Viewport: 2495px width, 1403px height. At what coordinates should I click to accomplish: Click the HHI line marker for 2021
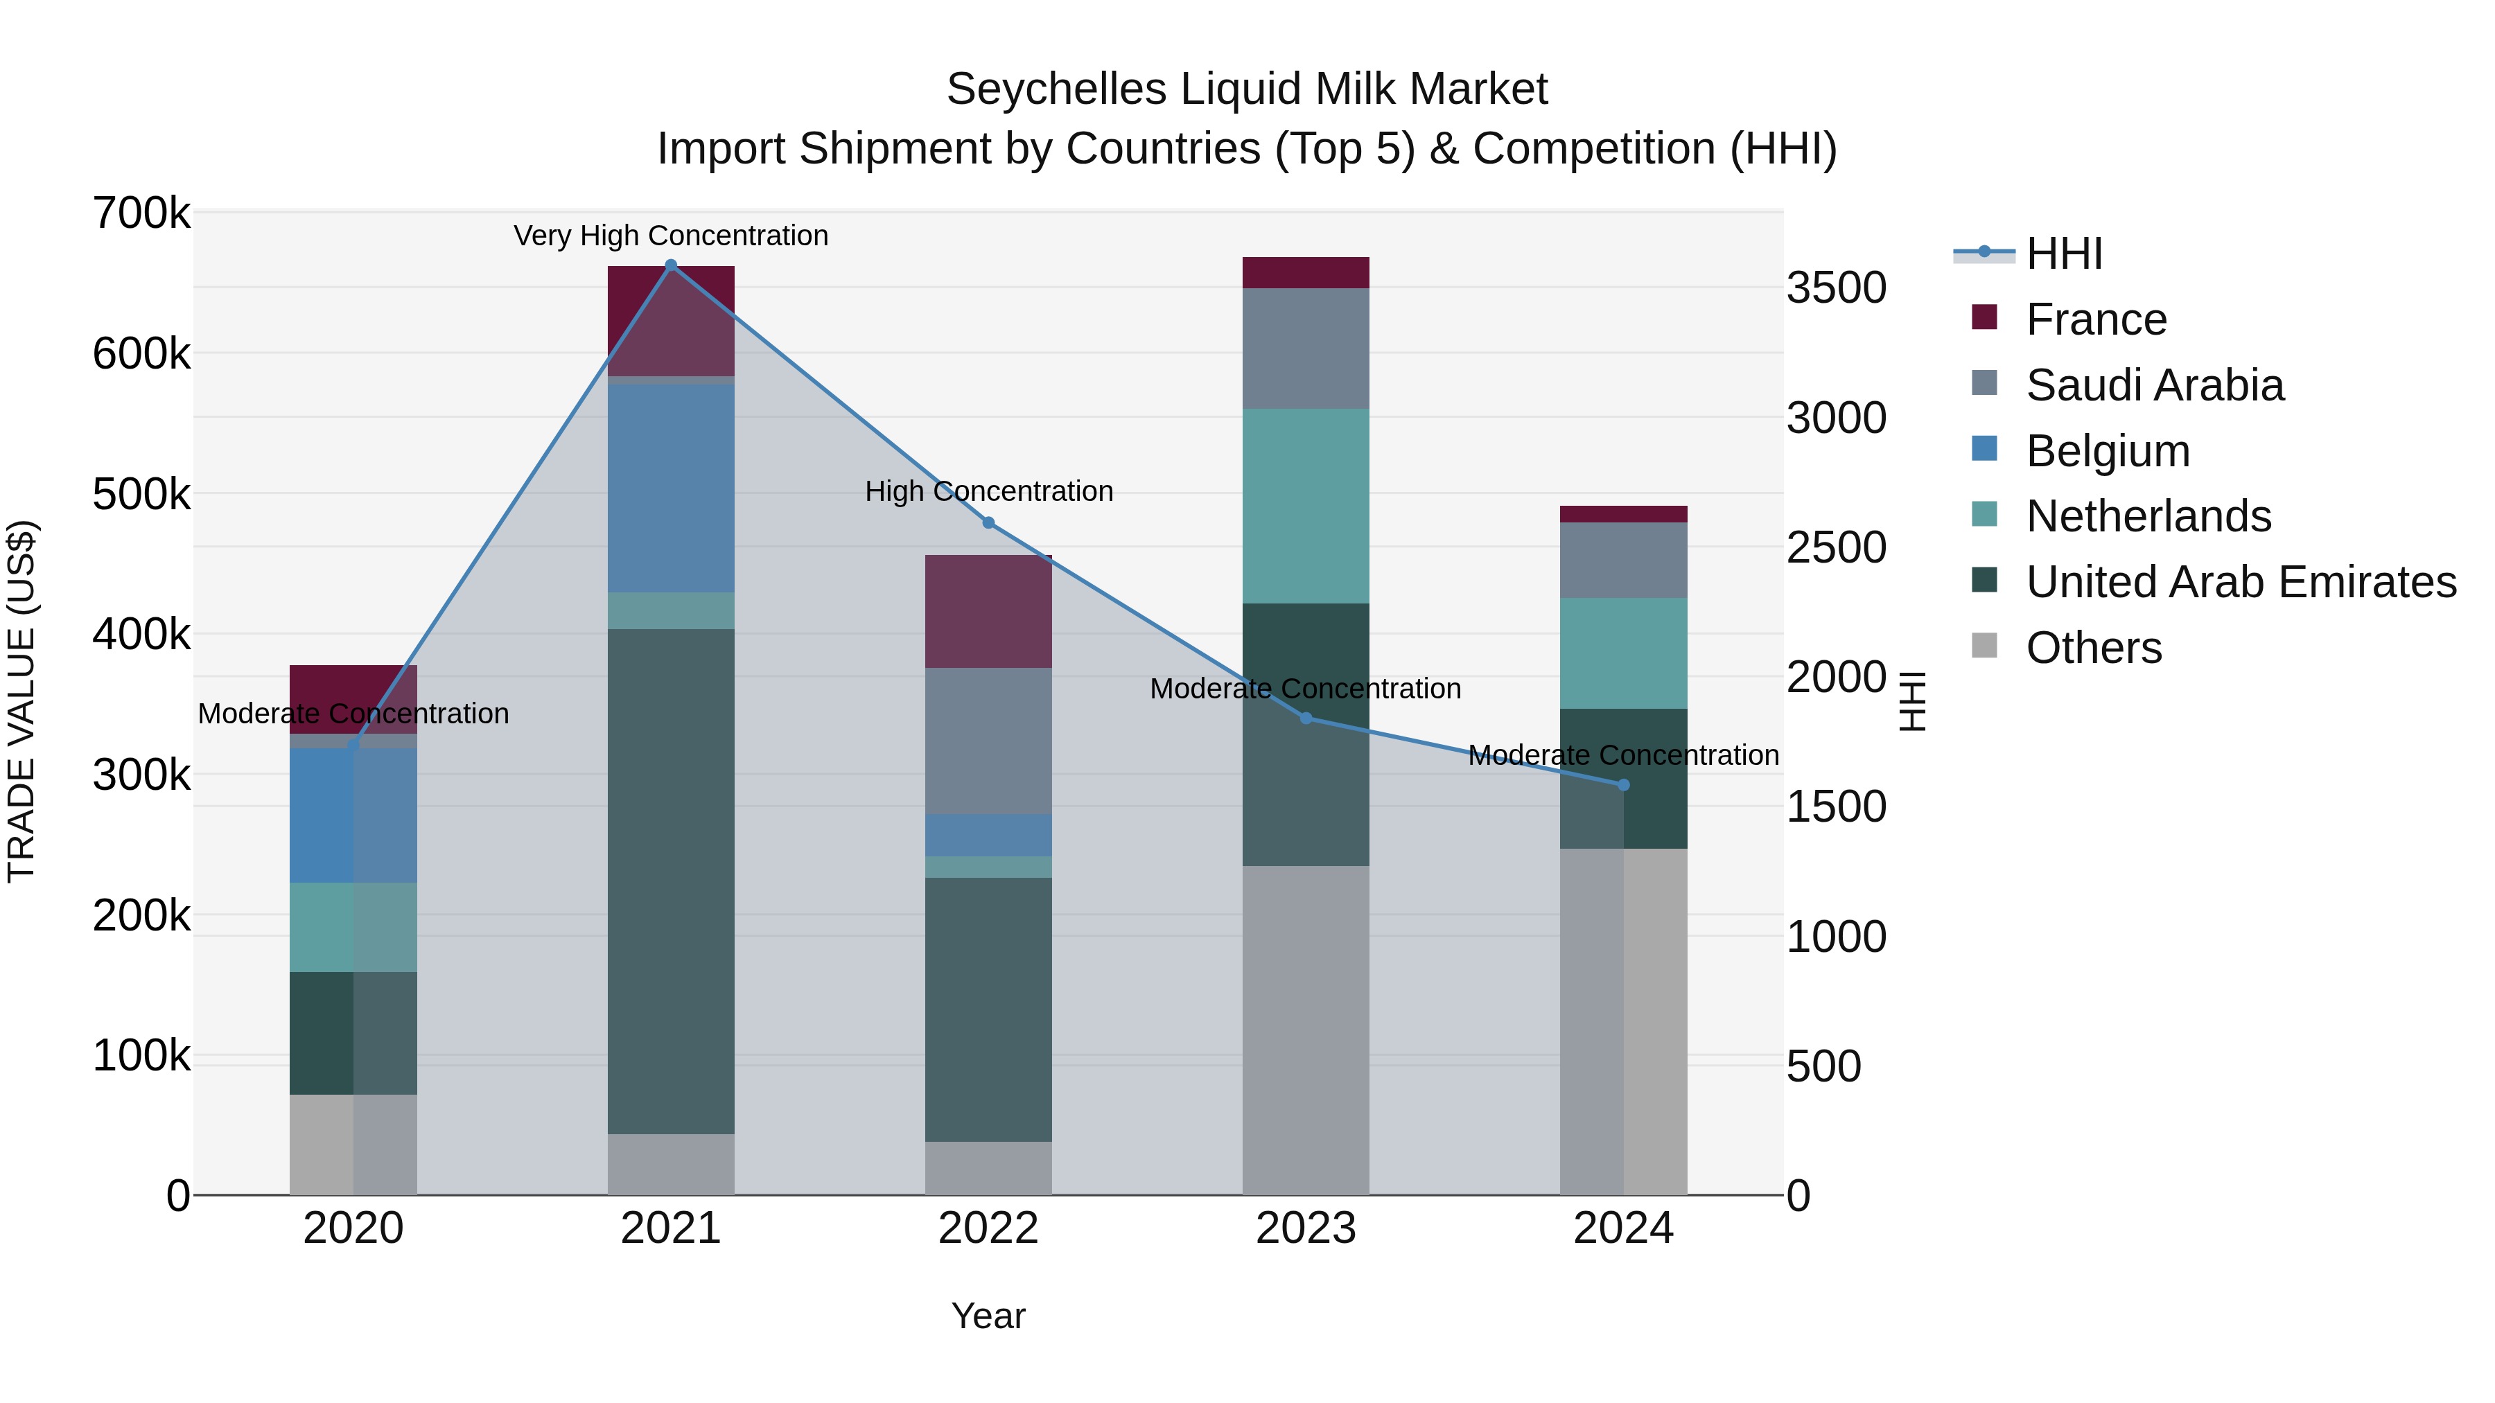(x=670, y=265)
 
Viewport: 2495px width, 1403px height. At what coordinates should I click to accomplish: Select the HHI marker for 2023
(x=1306, y=718)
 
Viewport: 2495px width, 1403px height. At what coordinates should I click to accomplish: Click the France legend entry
(x=2095, y=319)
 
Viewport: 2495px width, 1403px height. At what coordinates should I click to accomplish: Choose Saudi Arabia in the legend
(x=2154, y=385)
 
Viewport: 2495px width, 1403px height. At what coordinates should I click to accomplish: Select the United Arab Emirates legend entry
(x=2240, y=582)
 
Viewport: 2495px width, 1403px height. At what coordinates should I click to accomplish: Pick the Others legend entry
(x=2093, y=648)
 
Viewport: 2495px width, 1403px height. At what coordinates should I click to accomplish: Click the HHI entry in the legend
(x=2063, y=254)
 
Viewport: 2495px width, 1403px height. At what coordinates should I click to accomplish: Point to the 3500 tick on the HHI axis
(x=1835, y=288)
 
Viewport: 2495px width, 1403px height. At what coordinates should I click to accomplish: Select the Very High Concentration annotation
(x=670, y=236)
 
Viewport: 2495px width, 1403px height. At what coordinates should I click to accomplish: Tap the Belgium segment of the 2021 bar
(x=670, y=488)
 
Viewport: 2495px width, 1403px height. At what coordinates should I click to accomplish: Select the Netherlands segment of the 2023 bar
(x=1306, y=506)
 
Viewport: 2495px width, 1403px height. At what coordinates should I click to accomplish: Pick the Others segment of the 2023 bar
(x=1306, y=1030)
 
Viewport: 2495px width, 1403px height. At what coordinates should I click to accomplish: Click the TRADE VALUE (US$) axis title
(x=21, y=701)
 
